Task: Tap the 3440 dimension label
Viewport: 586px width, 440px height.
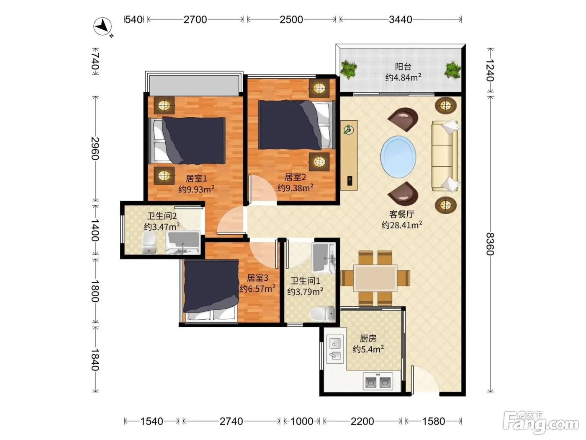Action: pos(400,20)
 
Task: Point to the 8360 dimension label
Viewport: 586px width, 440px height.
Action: pos(490,244)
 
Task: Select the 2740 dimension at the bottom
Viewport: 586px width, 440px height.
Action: pos(231,421)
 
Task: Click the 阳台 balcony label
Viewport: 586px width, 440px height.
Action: pos(403,66)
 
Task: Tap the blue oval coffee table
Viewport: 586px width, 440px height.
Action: pos(398,157)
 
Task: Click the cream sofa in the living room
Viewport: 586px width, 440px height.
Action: pos(445,156)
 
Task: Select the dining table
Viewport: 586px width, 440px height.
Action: pos(375,278)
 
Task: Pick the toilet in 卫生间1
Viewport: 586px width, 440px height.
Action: pos(322,313)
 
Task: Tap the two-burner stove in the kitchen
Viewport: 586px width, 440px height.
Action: pos(378,380)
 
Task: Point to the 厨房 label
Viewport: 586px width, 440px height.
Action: pos(368,339)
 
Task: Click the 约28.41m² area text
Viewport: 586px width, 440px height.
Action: pos(401,225)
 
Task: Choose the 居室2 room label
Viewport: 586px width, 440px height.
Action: pos(295,177)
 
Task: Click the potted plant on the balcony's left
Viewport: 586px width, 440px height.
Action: pos(349,69)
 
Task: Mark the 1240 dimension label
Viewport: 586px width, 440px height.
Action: pos(490,70)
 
